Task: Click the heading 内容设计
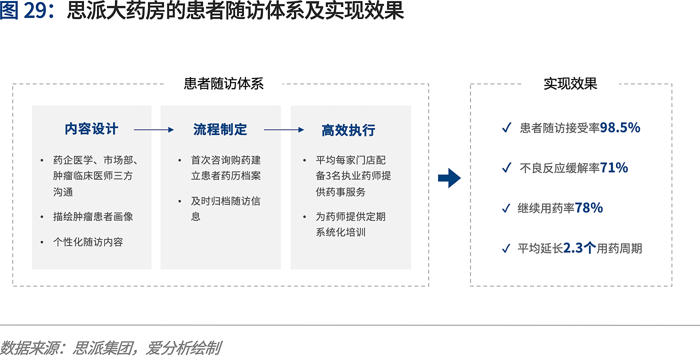(x=91, y=129)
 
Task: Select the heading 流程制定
(x=220, y=129)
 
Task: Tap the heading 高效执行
(x=348, y=130)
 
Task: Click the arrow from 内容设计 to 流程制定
(x=154, y=129)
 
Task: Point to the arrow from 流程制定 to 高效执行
(x=284, y=129)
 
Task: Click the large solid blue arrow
(x=449, y=178)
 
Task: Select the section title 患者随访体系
(x=224, y=84)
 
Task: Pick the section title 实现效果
(x=570, y=84)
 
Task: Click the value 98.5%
(x=620, y=127)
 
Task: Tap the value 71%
(x=614, y=168)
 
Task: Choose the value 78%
(x=589, y=208)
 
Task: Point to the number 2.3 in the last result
(x=573, y=248)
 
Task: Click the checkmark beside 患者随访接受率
(x=506, y=127)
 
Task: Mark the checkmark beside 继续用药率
(x=506, y=208)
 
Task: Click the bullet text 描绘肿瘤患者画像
(x=93, y=216)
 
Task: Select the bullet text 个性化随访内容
(x=88, y=242)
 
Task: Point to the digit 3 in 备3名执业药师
(x=328, y=175)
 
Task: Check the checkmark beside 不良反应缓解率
(x=506, y=168)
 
